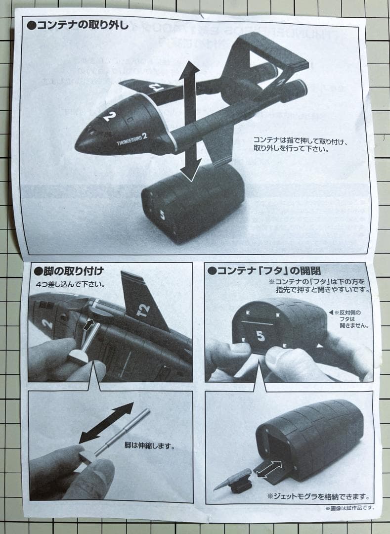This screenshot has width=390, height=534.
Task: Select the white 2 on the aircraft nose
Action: [x=109, y=116]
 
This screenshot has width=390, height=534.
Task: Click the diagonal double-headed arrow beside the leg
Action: [x=106, y=422]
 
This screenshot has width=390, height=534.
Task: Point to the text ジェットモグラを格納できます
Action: [x=318, y=496]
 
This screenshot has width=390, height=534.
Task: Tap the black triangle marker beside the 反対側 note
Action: [x=331, y=313]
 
